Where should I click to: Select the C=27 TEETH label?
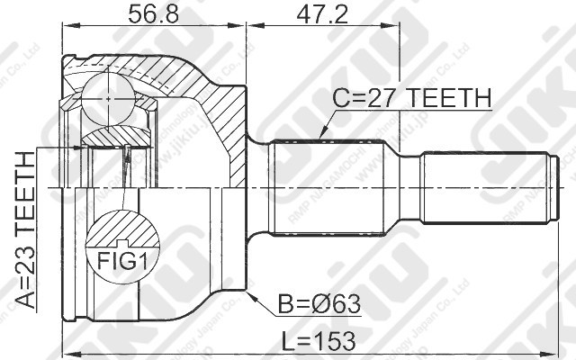[411, 97]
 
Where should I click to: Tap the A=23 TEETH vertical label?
[26, 230]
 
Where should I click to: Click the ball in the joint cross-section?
[105, 92]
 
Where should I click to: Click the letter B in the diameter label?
[284, 303]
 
